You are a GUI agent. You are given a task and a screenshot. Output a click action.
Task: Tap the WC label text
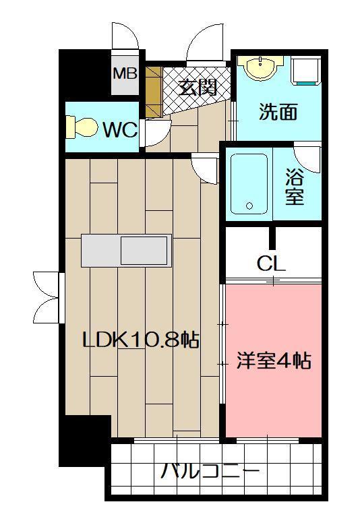pyautogui.click(x=120, y=129)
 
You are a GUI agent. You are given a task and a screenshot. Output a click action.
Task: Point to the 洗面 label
pyautogui.click(x=278, y=112)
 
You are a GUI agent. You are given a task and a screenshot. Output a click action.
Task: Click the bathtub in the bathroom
pyautogui.click(x=248, y=183)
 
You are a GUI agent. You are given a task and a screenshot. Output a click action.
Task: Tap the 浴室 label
pyautogui.click(x=294, y=187)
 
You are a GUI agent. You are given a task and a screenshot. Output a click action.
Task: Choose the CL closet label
pyautogui.click(x=271, y=263)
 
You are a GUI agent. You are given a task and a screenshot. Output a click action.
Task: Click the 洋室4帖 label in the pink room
pyautogui.click(x=272, y=361)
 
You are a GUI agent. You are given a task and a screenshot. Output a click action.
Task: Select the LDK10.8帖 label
pyautogui.click(x=140, y=340)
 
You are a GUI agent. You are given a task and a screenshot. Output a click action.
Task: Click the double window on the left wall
pyautogui.click(x=47, y=296)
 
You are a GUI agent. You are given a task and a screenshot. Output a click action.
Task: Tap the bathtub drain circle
pyautogui.click(x=249, y=206)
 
